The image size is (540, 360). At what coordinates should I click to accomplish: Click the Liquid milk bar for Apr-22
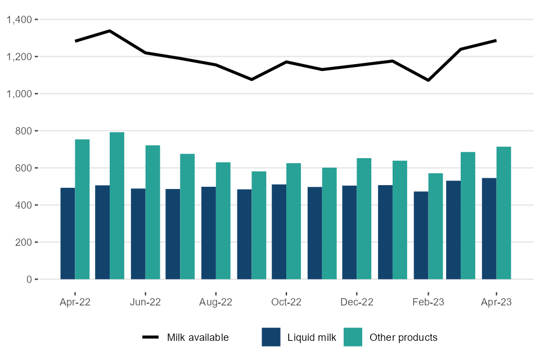pyautogui.click(x=67, y=233)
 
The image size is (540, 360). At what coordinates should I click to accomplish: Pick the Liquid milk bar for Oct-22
pyautogui.click(x=279, y=232)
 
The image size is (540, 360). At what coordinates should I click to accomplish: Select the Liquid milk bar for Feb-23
pyautogui.click(x=421, y=235)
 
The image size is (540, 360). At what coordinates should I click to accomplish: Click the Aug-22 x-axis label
pyautogui.click(x=216, y=302)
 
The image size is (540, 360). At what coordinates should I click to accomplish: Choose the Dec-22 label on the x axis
pyautogui.click(x=357, y=302)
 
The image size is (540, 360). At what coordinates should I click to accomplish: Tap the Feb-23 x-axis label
pyautogui.click(x=428, y=302)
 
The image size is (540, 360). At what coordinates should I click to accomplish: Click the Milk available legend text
pyautogui.click(x=197, y=337)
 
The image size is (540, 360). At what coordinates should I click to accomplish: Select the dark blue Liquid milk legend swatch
pyautogui.click(x=271, y=337)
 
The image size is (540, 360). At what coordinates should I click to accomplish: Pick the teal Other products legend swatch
pyautogui.click(x=353, y=337)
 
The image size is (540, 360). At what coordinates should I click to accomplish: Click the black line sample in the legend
pyautogui.click(x=151, y=337)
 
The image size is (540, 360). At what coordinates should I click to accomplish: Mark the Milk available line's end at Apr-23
pyautogui.click(x=496, y=40)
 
